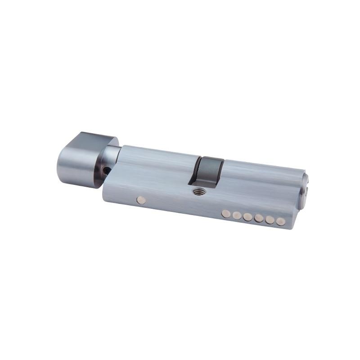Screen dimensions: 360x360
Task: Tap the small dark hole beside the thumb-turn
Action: tap(107, 170)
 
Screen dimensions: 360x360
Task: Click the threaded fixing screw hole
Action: tap(197, 191)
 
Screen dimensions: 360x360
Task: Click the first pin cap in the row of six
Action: tap(226, 214)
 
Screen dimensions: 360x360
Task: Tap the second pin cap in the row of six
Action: tap(237, 216)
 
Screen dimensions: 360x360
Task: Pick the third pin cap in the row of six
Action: tap(247, 217)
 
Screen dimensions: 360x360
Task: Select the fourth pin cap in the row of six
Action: tap(259, 219)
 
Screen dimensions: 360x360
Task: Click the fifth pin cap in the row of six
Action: tap(270, 220)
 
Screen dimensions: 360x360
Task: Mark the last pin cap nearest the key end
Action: tap(281, 221)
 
